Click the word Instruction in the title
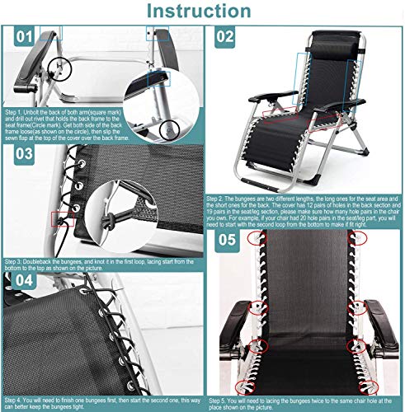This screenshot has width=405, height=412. tap(202, 12)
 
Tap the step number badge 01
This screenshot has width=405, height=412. tap(25, 37)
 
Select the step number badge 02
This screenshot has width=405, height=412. tap(225, 37)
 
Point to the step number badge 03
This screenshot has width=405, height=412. tap(25, 152)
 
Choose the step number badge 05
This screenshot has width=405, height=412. tap(226, 240)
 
